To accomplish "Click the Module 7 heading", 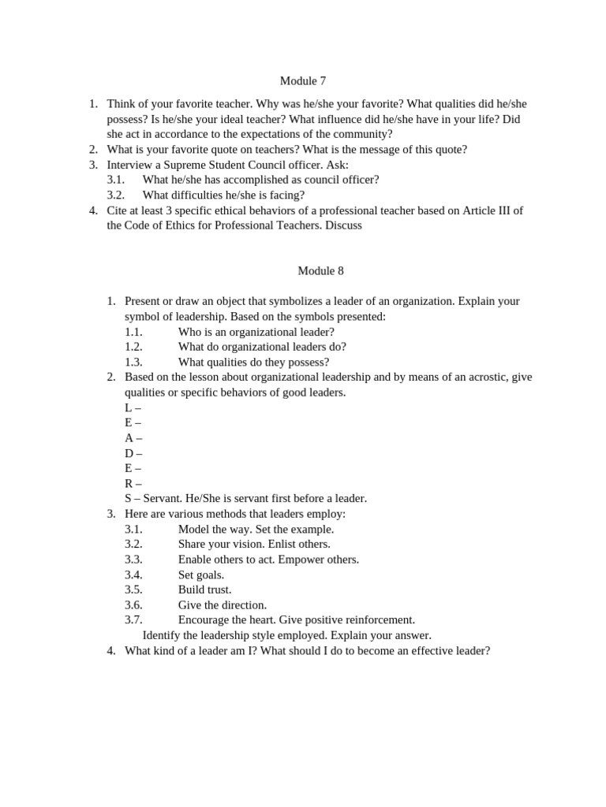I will [x=303, y=80].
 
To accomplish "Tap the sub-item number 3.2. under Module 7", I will [x=116, y=195].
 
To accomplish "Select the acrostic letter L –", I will [x=133, y=407].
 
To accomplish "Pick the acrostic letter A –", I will [x=133, y=438].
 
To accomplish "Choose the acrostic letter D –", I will [x=133, y=453].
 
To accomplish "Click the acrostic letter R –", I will [x=133, y=483].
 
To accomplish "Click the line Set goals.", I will [x=201, y=575].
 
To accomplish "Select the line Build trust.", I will [x=204, y=589].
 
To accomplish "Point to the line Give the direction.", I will [x=223, y=604].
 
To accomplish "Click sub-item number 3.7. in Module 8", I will [x=133, y=619].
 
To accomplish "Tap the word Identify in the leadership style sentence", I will [x=163, y=635].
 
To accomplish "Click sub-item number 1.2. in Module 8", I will [x=133, y=347].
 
